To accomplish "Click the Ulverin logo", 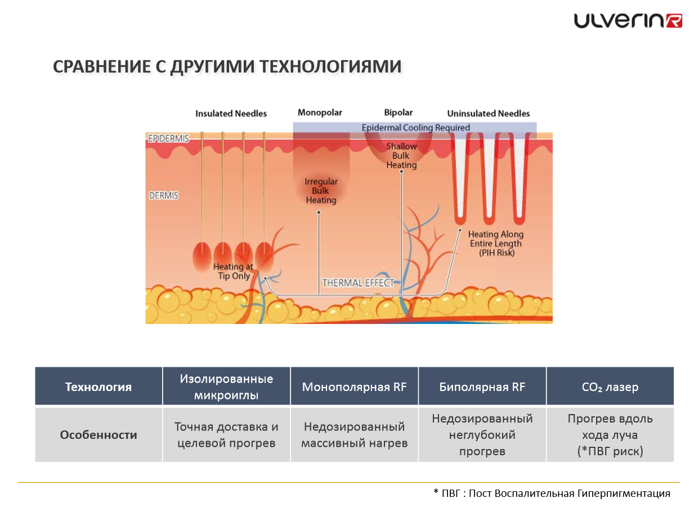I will click(x=628, y=21).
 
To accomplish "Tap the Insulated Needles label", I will click(x=231, y=114).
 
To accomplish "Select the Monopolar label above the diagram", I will click(x=320, y=113).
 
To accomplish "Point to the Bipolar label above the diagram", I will click(x=398, y=113).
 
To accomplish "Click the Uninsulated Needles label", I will click(x=488, y=114).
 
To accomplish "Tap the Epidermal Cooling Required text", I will click(x=415, y=128).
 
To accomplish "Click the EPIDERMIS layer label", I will click(x=168, y=139).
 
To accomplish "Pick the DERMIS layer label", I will click(x=163, y=195).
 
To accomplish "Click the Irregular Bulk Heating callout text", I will click(x=321, y=191).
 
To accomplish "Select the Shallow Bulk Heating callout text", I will click(x=401, y=155).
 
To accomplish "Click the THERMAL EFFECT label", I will click(x=358, y=283).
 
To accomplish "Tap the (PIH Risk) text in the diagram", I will click(x=496, y=253).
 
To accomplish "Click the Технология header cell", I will click(x=98, y=387).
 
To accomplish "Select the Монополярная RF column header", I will click(x=354, y=387).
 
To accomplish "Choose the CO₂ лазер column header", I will click(x=610, y=387).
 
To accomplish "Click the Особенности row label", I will click(x=98, y=435).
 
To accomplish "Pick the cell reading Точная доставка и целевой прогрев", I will click(x=226, y=435).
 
